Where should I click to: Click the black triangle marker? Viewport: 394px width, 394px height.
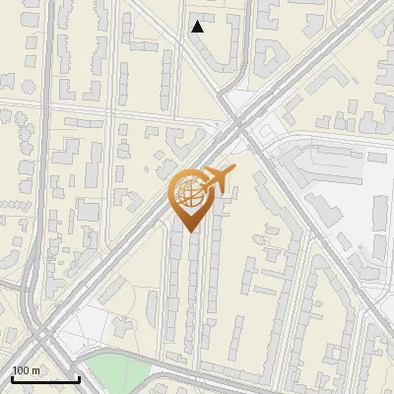pyautogui.click(x=197, y=27)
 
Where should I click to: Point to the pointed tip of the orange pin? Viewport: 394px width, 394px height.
pyautogui.click(x=188, y=231)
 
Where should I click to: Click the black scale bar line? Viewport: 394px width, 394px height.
pyautogui.click(x=45, y=379)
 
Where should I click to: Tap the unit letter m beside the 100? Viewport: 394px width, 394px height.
pyautogui.click(x=35, y=370)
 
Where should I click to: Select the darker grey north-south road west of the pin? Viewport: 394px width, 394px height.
pyautogui.click(x=31, y=246)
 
